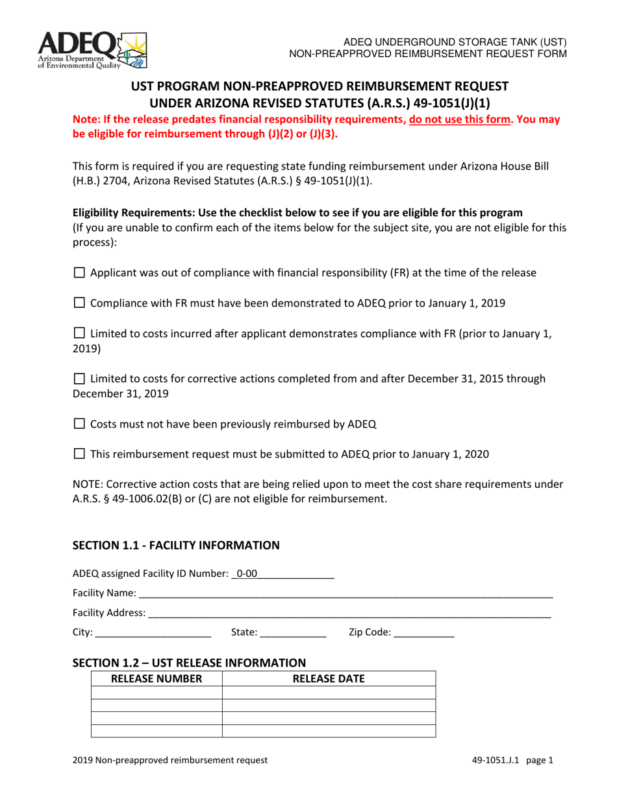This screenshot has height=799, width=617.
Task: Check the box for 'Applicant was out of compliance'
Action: tap(79, 273)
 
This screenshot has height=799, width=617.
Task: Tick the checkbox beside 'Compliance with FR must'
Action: tap(79, 303)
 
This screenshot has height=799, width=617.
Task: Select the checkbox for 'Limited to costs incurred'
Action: tap(79, 334)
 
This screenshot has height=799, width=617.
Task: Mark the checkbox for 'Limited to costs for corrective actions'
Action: tap(79, 379)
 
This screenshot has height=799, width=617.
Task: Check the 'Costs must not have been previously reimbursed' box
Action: tap(79, 424)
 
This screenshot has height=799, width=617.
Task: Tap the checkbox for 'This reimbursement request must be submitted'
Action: tap(79, 455)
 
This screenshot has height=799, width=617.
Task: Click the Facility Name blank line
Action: tap(346, 593)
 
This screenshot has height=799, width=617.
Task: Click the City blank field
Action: tap(153, 632)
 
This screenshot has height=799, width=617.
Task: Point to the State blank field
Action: tap(293, 632)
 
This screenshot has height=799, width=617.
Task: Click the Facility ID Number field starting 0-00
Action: tap(283, 574)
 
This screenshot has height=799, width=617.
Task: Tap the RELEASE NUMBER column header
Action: tap(157, 679)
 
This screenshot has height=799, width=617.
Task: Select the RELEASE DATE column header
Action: tap(329, 679)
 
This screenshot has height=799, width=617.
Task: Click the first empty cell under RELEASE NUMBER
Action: tap(157, 692)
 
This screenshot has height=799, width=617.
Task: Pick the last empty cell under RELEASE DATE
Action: tap(329, 731)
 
